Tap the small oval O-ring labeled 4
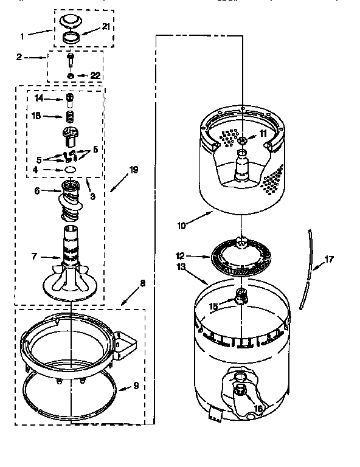pyautogui.click(x=70, y=169)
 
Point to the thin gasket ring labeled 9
pyautogui.click(x=67, y=389)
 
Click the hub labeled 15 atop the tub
pyautogui.click(x=242, y=297)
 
